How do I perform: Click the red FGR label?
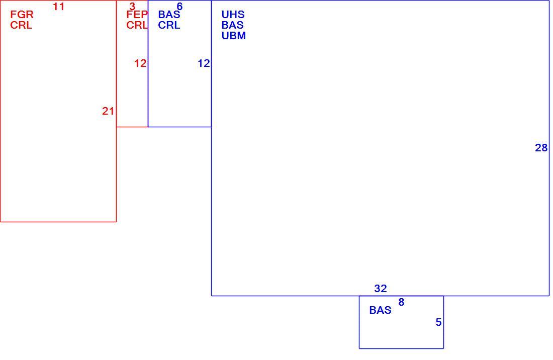[22, 15]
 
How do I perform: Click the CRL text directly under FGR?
[21, 25]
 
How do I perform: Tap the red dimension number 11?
[58, 7]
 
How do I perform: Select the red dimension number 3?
[132, 7]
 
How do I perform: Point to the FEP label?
[137, 15]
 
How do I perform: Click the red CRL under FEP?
[137, 25]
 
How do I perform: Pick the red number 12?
[140, 63]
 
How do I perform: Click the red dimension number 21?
[108, 111]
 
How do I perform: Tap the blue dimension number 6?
[179, 7]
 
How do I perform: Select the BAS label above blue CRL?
[169, 15]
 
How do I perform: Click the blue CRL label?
[169, 25]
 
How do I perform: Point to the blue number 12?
[204, 63]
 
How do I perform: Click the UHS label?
[233, 15]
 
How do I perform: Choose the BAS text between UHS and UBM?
[232, 25]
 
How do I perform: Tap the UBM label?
[233, 36]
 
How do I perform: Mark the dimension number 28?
[541, 148]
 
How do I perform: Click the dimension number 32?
[381, 289]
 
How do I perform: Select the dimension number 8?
[401, 302]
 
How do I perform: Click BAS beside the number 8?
[380, 310]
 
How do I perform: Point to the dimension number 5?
[438, 322]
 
